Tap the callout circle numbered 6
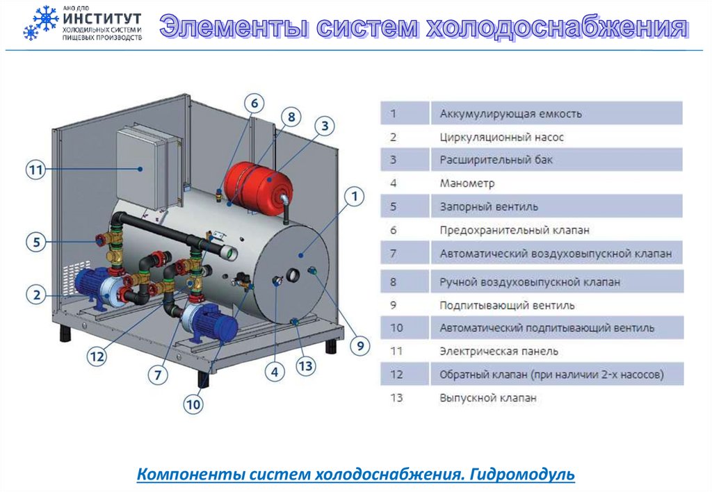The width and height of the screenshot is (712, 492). [x=254, y=104]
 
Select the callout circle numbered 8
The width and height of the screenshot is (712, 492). [x=291, y=117]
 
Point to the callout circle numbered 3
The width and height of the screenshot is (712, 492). [x=324, y=126]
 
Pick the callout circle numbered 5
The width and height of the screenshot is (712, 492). [x=36, y=243]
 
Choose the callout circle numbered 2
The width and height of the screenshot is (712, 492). [x=36, y=295]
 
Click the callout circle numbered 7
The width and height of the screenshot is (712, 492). [x=159, y=375]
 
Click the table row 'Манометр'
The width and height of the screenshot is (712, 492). [x=531, y=184]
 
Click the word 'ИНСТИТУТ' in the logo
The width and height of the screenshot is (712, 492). [x=102, y=18]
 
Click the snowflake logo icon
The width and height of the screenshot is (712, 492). [x=41, y=23]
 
